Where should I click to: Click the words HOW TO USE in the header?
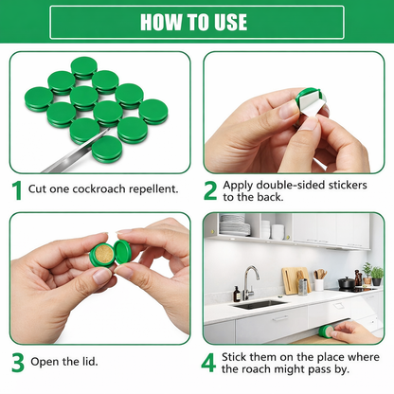point(197,22)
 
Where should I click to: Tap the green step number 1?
point(16,189)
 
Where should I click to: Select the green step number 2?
point(210,189)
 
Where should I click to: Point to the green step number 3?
point(16,362)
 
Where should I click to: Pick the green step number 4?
point(210,362)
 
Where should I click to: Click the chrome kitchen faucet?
point(248,281)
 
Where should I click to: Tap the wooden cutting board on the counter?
point(292,279)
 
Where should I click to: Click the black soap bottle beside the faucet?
point(237,294)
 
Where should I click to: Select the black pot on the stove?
point(347,283)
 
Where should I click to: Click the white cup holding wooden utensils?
point(319,283)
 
